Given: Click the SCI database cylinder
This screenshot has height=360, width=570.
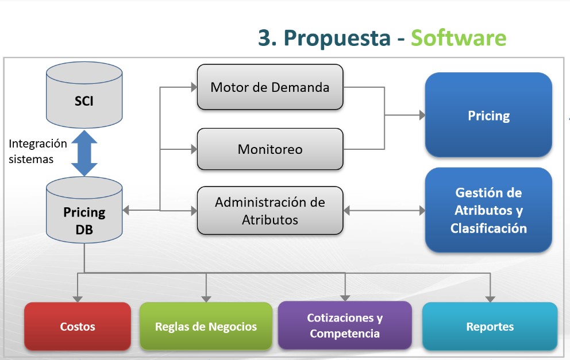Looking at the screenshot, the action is point(84,95).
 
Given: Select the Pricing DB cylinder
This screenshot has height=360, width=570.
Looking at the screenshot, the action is point(84,210).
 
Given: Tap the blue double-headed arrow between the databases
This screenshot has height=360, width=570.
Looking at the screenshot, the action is point(84,153).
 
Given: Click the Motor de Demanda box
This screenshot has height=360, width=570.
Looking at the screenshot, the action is point(269,87).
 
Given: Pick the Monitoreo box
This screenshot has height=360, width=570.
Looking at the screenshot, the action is point(269,149).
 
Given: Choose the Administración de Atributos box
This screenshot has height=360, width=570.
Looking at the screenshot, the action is point(269,211).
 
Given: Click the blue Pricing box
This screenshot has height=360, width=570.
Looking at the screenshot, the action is point(488,115).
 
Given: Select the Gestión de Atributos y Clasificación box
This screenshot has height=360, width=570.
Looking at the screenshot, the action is point(488,210).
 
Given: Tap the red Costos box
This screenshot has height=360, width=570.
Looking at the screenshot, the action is point(78,326).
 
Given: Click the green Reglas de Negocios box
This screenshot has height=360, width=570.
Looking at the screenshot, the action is point(206,326).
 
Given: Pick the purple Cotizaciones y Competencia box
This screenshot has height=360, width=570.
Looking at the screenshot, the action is point(345,326).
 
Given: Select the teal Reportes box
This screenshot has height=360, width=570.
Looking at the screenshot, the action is point(490,326).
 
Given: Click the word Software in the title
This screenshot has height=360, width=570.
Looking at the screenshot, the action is point(459,38).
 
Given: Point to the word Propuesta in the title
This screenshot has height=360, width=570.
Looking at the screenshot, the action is point(337,38).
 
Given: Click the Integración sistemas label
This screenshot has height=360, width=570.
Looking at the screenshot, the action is point(37,151).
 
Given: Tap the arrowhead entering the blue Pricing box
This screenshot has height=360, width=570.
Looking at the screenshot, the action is point(422,115).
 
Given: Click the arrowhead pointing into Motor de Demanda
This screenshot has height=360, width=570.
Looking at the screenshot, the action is point(194,87).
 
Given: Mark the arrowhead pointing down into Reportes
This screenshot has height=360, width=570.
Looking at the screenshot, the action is point(490,299).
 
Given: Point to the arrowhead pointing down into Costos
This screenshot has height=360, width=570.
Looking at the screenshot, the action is point(78,299).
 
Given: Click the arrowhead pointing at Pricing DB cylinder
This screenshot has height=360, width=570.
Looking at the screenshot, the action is point(126,210).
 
